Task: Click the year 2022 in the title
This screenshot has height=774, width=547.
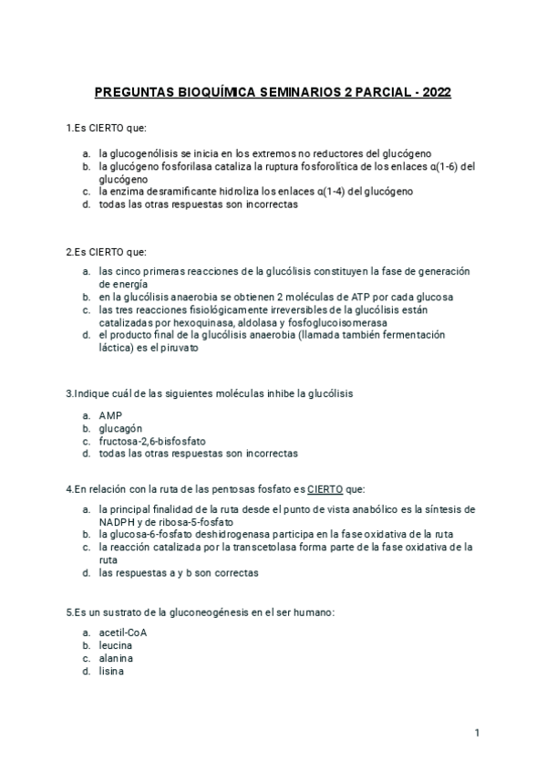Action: pos(434,93)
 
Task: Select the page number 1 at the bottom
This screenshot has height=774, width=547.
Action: pos(477,732)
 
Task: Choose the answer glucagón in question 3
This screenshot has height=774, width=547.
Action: pos(120,427)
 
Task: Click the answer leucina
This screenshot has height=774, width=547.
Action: pos(116,645)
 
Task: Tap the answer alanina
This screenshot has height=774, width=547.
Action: pos(116,658)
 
